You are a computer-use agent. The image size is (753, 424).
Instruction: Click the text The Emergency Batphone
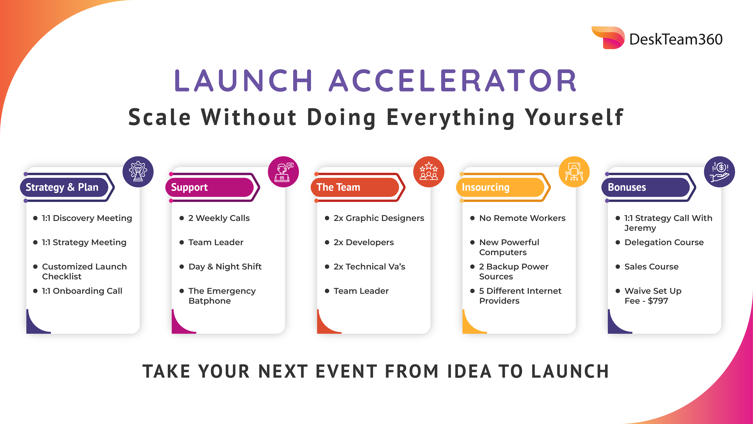222,296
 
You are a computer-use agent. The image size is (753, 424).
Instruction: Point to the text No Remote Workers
522,218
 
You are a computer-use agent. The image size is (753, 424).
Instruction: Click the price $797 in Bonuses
658,301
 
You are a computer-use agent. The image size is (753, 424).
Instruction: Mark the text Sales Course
652,267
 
